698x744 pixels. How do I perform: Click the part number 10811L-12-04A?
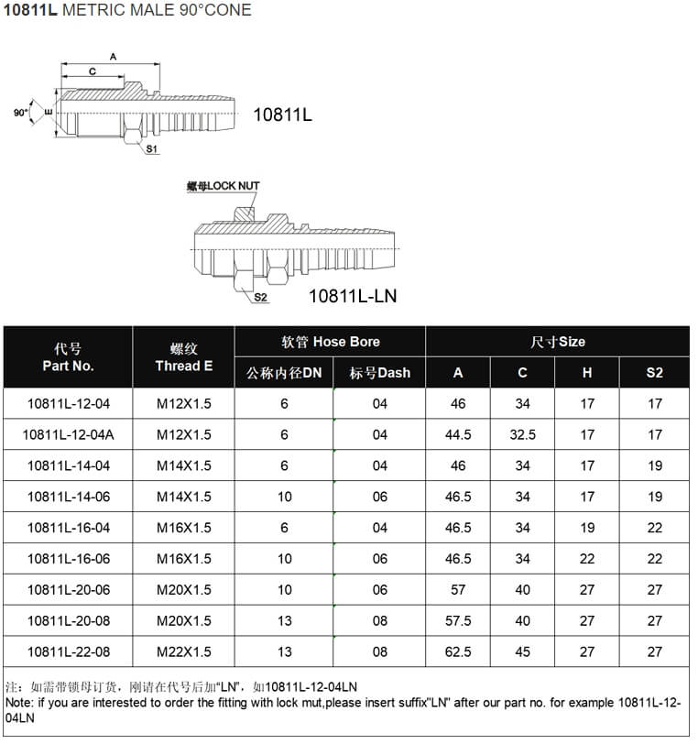coord(69,434)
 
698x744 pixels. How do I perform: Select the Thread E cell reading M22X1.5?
coord(183,651)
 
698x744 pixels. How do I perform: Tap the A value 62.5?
coord(458,651)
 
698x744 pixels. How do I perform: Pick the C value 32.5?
coord(522,434)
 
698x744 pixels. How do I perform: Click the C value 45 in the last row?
coord(522,651)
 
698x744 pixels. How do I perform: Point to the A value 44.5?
coord(458,434)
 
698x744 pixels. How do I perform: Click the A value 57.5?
coord(458,620)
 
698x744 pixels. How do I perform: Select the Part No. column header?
coord(69,357)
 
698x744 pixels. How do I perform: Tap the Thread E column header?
coord(183,357)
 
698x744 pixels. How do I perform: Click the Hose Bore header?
coord(330,342)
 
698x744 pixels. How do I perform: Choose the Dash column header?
coord(380,373)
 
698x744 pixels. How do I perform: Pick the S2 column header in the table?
coord(654,373)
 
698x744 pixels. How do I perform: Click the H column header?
coord(587,373)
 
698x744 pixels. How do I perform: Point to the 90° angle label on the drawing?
coord(20,113)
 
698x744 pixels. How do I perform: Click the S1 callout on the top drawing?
coord(153,148)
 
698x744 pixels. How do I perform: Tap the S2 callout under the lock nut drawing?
coord(260,298)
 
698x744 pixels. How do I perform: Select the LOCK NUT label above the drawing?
coord(224,186)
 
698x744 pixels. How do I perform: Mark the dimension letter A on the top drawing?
coord(113,57)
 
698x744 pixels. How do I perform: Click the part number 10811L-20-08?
coord(69,620)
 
